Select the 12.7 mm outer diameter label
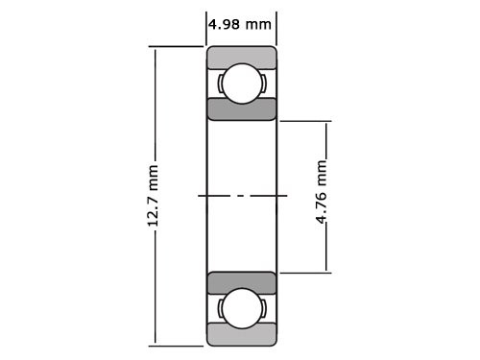(x=153, y=196)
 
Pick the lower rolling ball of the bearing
(x=241, y=309)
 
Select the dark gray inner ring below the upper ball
(x=242, y=108)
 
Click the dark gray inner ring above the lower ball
(x=242, y=283)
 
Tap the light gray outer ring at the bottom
(x=242, y=335)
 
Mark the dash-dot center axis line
(x=242, y=196)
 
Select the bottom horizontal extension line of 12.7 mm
(x=178, y=345)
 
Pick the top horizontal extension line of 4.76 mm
(x=305, y=120)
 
